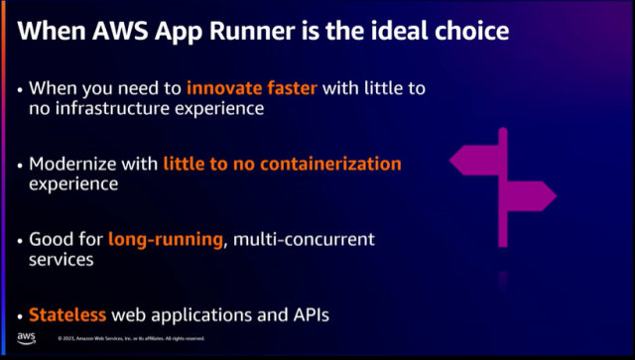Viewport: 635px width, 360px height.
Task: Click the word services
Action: [62, 259]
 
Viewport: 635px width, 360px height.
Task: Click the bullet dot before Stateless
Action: [21, 316]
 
